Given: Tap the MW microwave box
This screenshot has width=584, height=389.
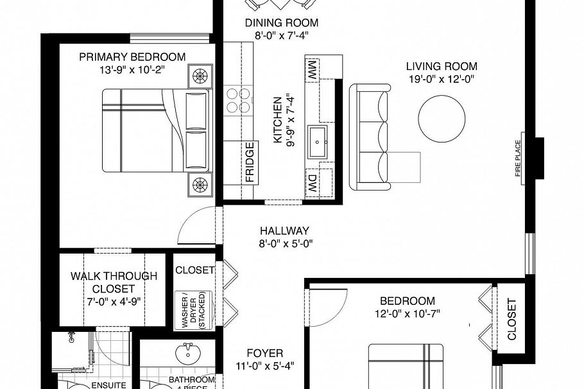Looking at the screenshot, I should click(x=313, y=67).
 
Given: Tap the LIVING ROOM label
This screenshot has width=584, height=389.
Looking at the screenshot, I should click(x=442, y=65).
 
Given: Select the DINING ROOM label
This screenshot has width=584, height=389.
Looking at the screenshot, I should click(x=282, y=23).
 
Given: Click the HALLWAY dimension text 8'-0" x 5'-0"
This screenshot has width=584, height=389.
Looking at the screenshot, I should click(x=285, y=243).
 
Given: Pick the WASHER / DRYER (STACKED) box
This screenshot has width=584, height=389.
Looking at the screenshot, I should click(x=189, y=310).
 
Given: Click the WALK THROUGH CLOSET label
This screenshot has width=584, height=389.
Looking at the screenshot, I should click(x=113, y=282).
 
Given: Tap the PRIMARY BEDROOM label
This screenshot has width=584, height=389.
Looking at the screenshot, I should click(x=132, y=57).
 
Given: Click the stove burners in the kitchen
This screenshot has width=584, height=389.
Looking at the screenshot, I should click(x=238, y=99).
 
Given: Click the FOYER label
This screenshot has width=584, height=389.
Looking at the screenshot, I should click(x=265, y=353).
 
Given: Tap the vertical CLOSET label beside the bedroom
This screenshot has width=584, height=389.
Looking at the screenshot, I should click(x=511, y=319).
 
